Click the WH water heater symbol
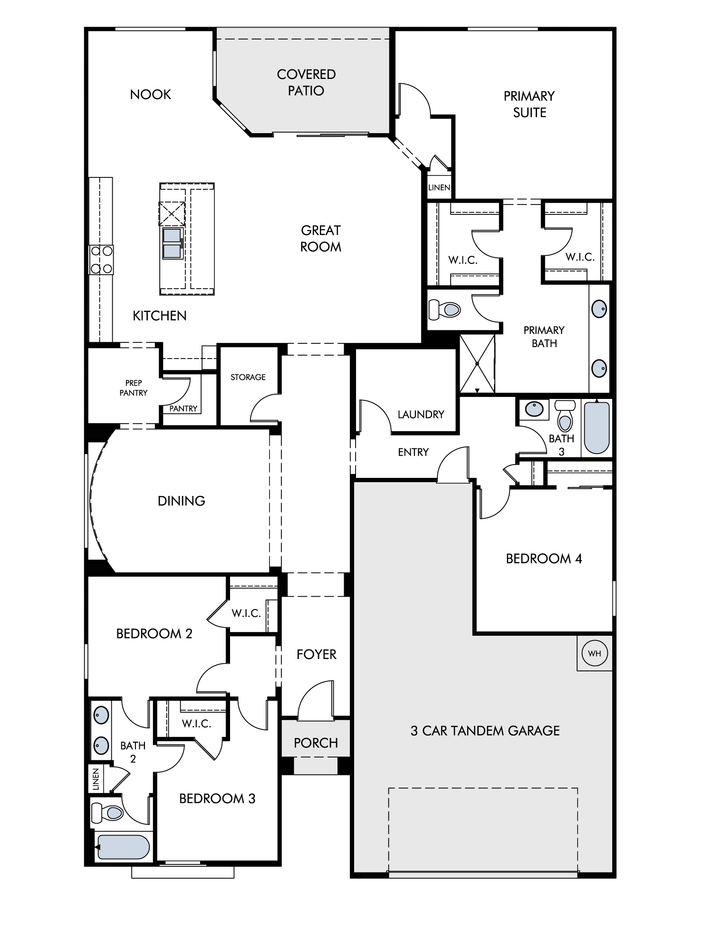[595, 653]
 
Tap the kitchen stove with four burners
[101, 260]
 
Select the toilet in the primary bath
[445, 310]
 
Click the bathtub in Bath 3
[597, 428]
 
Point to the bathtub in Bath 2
[124, 847]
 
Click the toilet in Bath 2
[107, 813]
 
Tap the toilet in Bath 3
[565, 416]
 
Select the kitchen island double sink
[173, 243]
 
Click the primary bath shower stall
[477, 364]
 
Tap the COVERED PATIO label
[306, 82]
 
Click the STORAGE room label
[248, 377]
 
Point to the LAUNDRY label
[421, 414]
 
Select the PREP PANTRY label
[134, 388]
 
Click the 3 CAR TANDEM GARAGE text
[485, 731]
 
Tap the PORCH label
[316, 743]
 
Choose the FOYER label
[316, 654]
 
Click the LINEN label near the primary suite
[439, 187]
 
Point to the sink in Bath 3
[534, 409]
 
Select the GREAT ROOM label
[321, 238]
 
